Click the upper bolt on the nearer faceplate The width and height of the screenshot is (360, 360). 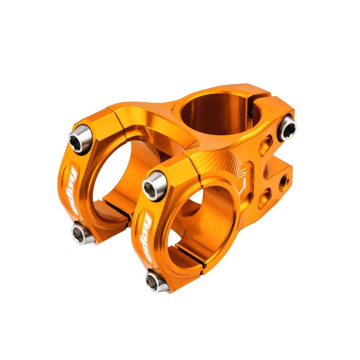[155, 185]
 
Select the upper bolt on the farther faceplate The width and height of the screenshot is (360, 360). [80, 138]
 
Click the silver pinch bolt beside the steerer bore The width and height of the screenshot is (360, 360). [288, 128]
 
